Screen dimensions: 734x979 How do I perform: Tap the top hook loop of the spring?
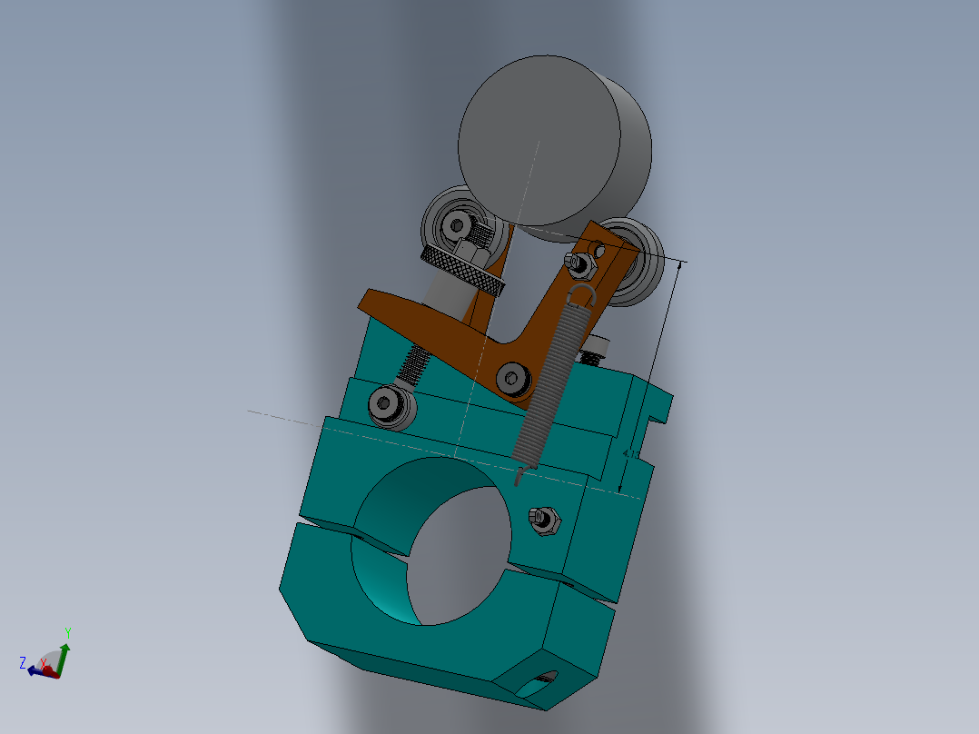point(582,293)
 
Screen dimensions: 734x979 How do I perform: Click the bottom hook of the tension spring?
point(518,474)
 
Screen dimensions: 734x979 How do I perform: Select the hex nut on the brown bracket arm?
point(578,263)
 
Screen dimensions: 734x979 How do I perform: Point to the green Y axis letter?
point(67,632)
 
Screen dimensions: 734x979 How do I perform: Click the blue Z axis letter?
point(23,663)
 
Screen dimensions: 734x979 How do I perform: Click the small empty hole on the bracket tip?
point(599,246)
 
